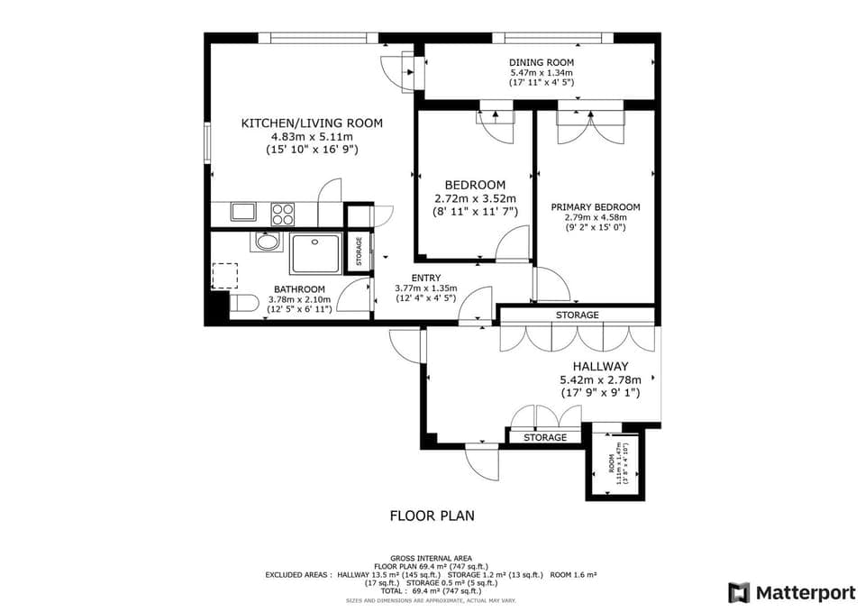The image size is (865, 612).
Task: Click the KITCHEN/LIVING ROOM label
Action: (312, 123)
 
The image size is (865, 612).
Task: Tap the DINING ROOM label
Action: (542, 62)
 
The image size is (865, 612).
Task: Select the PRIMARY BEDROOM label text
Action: (596, 207)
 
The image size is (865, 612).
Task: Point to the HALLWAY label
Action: (601, 366)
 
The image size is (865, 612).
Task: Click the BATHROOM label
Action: (300, 289)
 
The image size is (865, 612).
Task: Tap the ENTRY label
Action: (426, 278)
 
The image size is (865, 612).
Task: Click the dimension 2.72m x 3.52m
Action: (475, 199)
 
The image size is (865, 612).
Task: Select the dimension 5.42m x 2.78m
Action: (601, 380)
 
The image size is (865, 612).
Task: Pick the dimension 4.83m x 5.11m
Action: (312, 137)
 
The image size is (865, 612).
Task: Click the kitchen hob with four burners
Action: (283, 214)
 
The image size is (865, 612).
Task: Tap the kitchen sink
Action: (242, 213)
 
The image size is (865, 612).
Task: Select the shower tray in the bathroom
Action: (315, 254)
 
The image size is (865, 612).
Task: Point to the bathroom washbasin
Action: (266, 242)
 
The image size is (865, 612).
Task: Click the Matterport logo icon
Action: (739, 592)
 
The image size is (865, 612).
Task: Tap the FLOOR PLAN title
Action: (432, 516)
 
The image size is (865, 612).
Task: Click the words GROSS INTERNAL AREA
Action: (432, 558)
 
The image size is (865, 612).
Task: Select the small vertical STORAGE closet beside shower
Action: (358, 253)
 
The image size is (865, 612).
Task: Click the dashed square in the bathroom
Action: (224, 275)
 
